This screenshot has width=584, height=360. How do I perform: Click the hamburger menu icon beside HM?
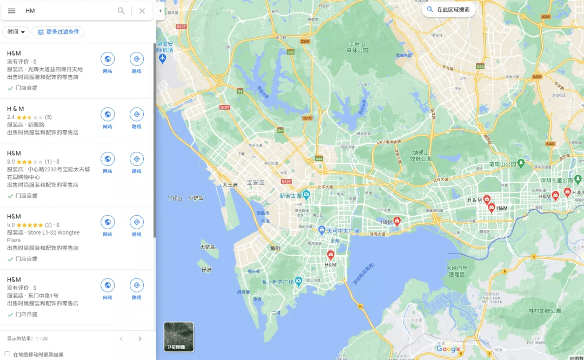click(x=11, y=11)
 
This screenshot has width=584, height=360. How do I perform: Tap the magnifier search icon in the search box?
click(x=121, y=11)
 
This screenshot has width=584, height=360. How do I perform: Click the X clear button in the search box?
click(x=142, y=11)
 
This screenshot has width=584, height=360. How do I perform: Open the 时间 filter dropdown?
click(x=16, y=32)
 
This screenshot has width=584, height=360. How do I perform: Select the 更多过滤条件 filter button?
click(x=58, y=32)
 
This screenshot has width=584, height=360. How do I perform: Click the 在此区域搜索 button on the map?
click(x=449, y=10)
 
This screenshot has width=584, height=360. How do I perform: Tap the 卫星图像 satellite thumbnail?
click(x=179, y=337)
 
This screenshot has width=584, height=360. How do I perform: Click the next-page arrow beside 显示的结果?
click(x=140, y=339)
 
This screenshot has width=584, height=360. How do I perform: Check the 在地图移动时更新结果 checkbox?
click(x=7, y=354)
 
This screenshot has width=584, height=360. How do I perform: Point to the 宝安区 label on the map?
click(x=255, y=183)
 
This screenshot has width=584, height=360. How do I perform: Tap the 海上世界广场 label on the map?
click(x=277, y=282)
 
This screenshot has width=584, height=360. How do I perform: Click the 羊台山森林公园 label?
click(x=357, y=47)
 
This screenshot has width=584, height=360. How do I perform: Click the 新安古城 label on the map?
click(x=291, y=195)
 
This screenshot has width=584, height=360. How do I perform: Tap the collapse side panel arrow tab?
click(x=160, y=11)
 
